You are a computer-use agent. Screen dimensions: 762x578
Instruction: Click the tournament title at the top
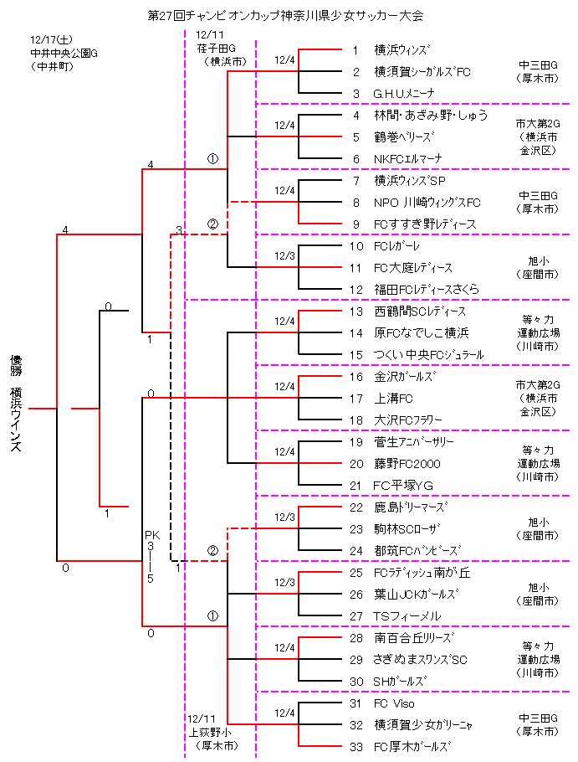pyautogui.click(x=285, y=15)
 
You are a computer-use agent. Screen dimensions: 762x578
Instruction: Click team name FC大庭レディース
pyautogui.click(x=413, y=268)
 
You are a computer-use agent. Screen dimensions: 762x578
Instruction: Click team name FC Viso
pyautogui.click(x=393, y=703)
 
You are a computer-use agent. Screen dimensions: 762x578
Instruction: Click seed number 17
pyautogui.click(x=355, y=399)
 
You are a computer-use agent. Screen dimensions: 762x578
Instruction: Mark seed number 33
pyautogui.click(x=355, y=747)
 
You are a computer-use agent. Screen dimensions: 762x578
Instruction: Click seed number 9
pyautogui.click(x=355, y=224)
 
